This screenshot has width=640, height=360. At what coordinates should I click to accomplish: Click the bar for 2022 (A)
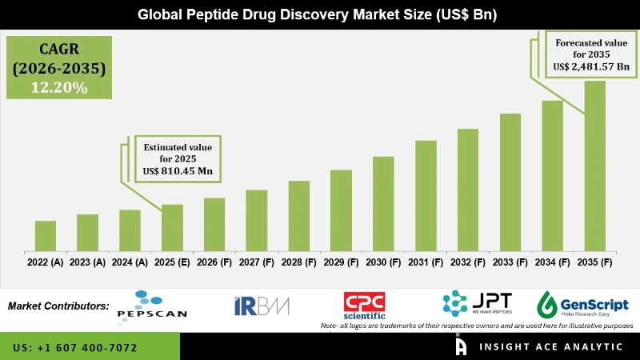46,234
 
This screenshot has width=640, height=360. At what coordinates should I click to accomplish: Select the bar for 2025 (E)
172,226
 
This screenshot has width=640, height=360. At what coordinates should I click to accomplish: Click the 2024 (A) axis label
130,262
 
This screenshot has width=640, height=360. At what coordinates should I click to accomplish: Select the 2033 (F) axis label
510,262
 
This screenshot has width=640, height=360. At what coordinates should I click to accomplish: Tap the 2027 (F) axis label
256,262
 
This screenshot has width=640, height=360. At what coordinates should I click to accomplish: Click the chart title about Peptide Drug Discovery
320,14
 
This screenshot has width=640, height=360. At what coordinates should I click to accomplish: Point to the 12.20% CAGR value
59,88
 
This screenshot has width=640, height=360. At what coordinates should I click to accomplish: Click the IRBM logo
262,306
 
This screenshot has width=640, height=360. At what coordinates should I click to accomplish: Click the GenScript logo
582,305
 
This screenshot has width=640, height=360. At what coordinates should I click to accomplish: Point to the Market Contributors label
58,306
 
